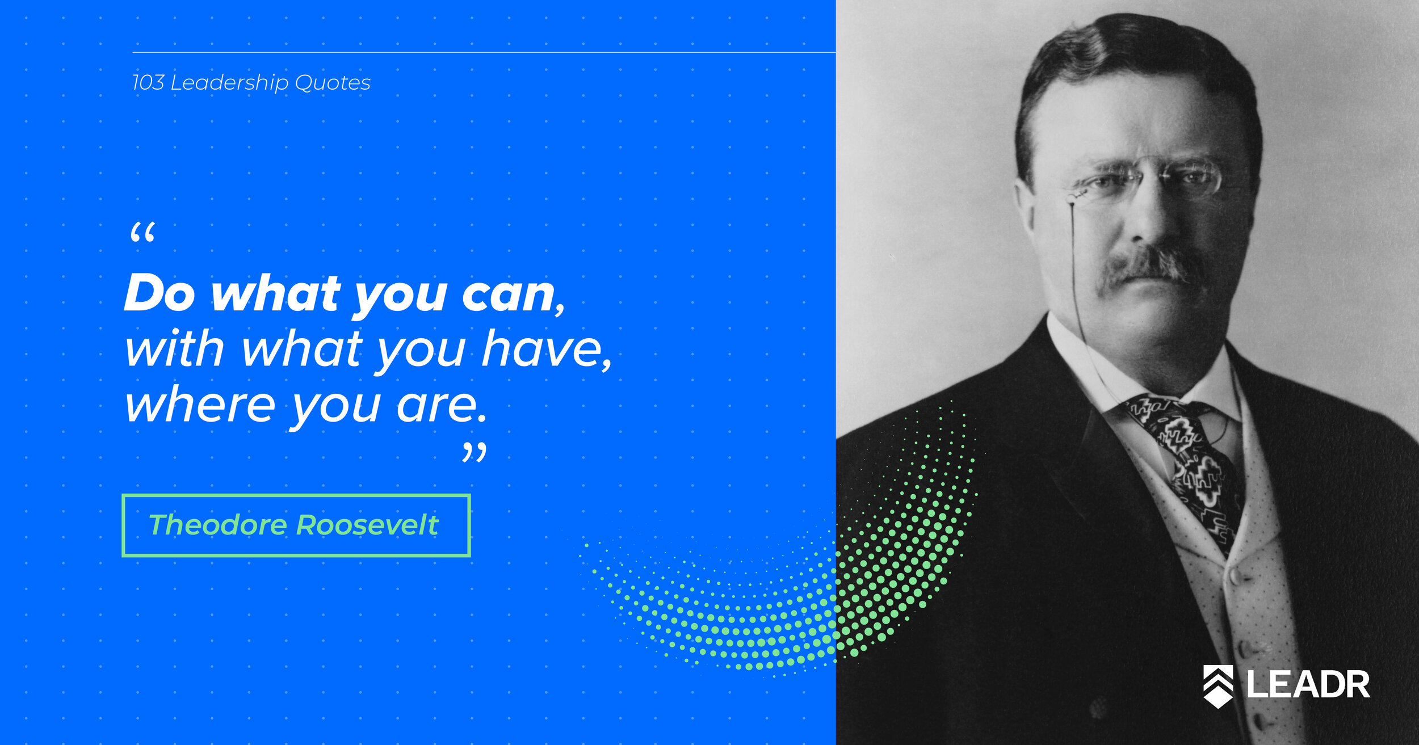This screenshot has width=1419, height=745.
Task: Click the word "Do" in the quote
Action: (x=160, y=293)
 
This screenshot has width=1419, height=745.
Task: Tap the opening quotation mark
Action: (x=142, y=233)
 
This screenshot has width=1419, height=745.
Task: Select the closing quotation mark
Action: (x=475, y=453)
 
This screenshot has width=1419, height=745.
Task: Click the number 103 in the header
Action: (x=148, y=83)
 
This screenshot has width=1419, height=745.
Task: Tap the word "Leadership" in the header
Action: (x=229, y=83)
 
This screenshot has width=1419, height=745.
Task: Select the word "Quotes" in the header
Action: (x=333, y=83)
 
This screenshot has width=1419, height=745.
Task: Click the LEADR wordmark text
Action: (x=1308, y=684)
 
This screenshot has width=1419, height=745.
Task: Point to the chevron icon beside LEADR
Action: (x=1218, y=686)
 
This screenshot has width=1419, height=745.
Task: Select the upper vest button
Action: (x=1232, y=576)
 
